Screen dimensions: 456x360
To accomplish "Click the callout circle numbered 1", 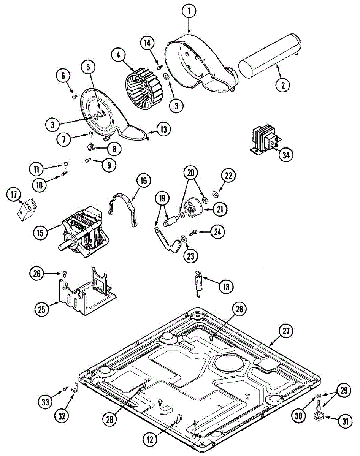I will (x=189, y=11).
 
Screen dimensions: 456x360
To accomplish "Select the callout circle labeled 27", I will (x=286, y=331).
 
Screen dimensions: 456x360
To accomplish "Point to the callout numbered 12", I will (x=150, y=439).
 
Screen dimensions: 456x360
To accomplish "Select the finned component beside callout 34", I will (x=264, y=140).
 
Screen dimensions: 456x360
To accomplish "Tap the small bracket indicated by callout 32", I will (x=74, y=388).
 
